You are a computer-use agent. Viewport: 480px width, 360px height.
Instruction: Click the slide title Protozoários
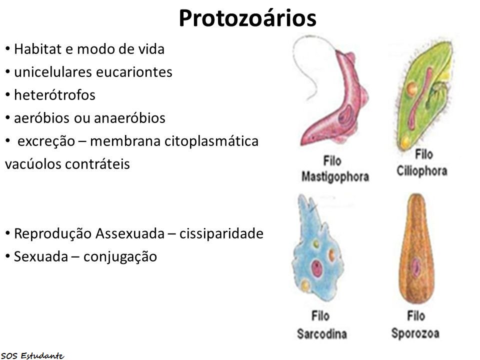(x=247, y=19)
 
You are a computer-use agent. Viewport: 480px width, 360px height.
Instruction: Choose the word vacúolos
(x=31, y=164)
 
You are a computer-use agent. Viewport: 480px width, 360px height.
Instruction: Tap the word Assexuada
(x=129, y=233)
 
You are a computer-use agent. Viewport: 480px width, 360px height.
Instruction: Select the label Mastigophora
(x=335, y=176)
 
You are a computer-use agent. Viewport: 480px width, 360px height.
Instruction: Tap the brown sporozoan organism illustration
(x=416, y=250)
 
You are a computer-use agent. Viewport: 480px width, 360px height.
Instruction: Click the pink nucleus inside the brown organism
(x=416, y=267)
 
